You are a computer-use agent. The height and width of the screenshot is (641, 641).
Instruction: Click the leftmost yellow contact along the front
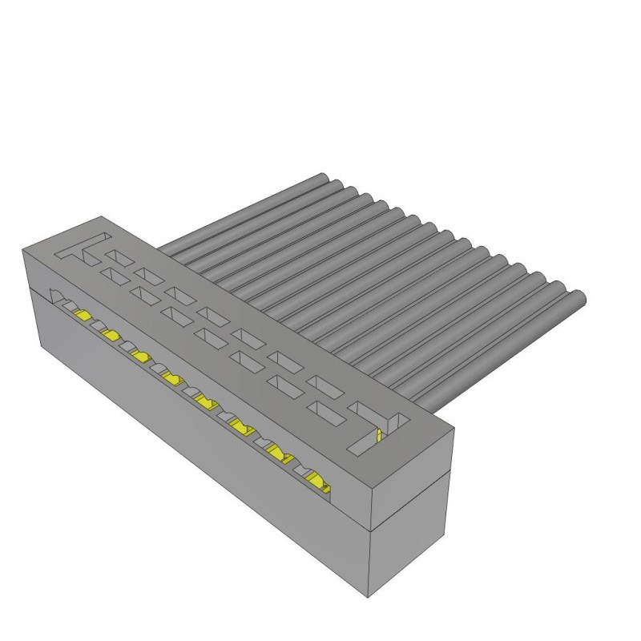(x=82, y=316)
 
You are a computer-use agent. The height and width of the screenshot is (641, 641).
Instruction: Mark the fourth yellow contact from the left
(x=171, y=377)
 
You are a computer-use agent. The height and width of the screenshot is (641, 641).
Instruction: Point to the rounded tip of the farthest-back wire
(x=322, y=178)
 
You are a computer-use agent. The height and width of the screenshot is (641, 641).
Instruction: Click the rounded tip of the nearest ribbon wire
(x=579, y=300)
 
